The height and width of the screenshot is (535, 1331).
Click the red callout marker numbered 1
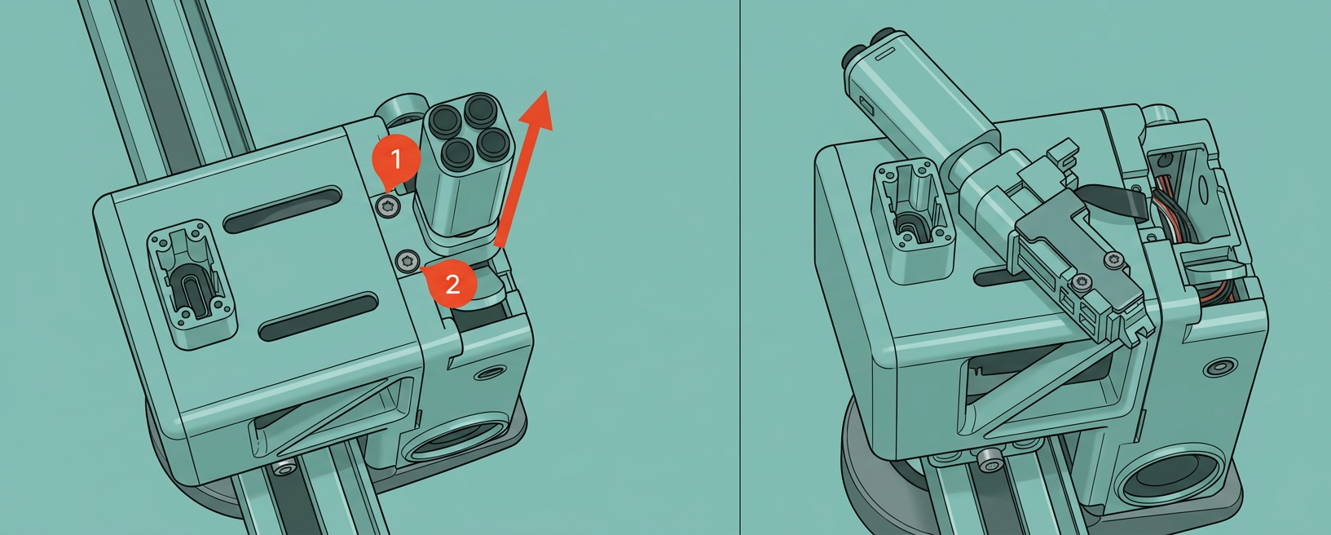396,159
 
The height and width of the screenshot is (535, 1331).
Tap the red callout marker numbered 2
452,284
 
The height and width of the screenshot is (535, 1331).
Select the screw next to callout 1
388,206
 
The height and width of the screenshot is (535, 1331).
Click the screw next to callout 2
408,260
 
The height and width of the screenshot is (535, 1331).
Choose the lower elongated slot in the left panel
319,316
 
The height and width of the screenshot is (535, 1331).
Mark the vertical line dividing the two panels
740,267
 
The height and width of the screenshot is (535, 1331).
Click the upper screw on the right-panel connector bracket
1113,260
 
